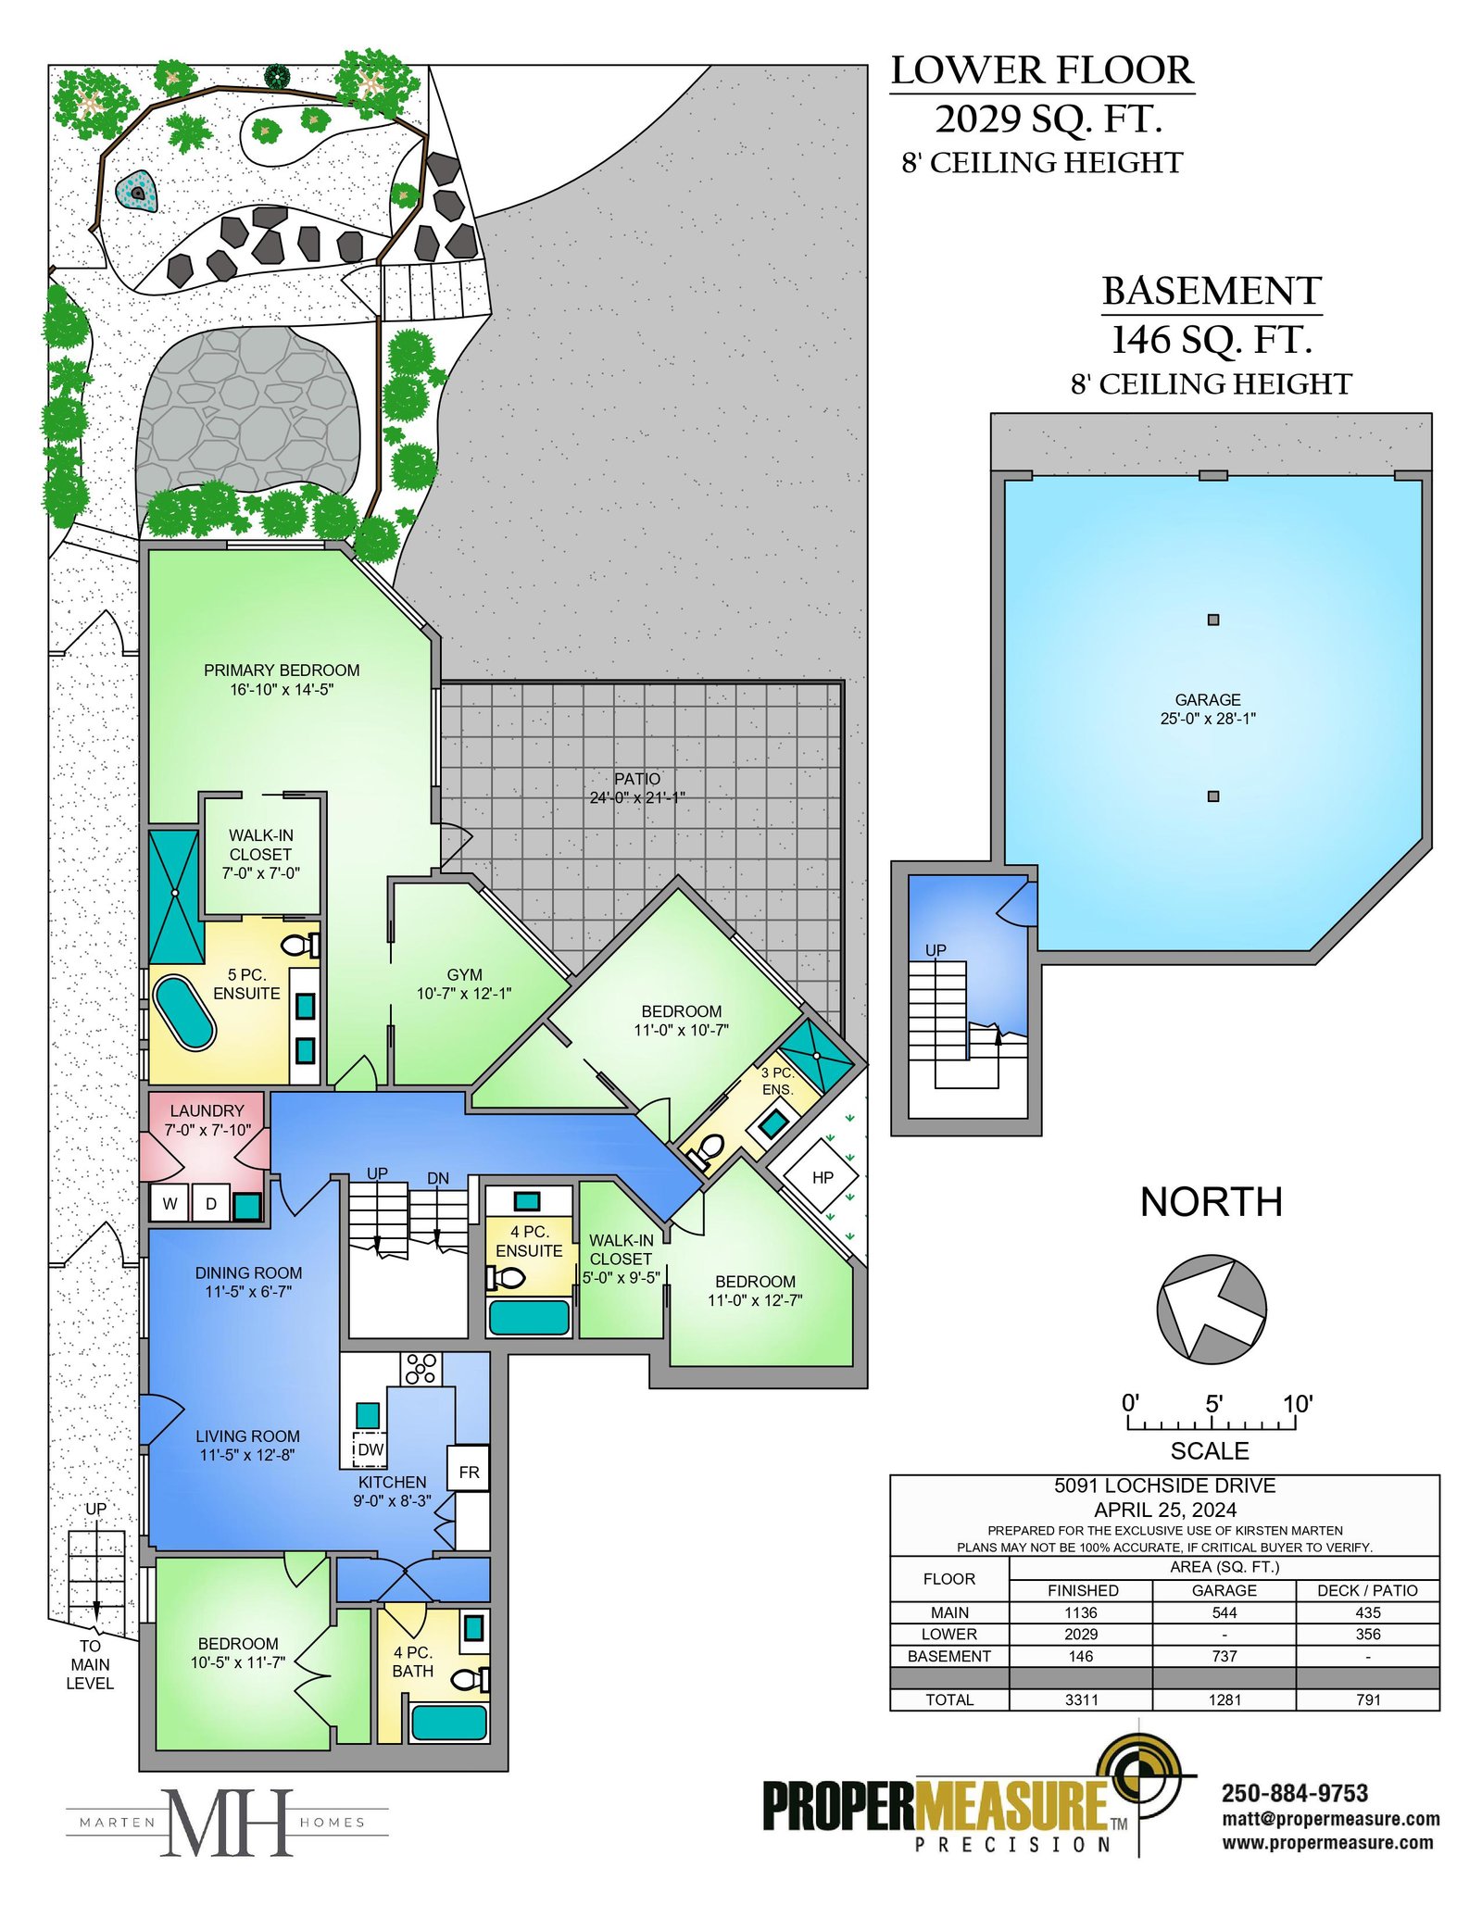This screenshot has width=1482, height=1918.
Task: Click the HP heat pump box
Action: tap(822, 1177)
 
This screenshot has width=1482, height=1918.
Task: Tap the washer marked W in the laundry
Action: tap(170, 1203)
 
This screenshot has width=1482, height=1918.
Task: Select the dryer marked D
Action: tap(211, 1203)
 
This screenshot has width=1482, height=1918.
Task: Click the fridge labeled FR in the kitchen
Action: tap(469, 1472)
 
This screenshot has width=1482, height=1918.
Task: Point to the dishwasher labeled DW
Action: tap(370, 1449)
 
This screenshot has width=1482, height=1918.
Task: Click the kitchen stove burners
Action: tap(421, 1369)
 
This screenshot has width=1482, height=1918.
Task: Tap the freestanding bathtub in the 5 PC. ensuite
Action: tap(184, 1012)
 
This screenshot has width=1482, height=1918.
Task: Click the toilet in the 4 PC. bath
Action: tap(471, 1679)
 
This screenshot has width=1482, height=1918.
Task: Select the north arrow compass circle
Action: tap(1211, 1309)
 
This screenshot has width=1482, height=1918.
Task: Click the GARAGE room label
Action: tap(1207, 700)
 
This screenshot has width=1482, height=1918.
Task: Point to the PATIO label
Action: tap(637, 779)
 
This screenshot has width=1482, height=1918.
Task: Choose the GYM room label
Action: tap(464, 975)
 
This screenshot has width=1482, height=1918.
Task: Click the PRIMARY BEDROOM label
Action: tap(282, 671)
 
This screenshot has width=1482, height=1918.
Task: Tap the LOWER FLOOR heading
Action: tap(1042, 70)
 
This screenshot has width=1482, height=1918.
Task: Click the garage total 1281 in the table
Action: tap(1224, 1699)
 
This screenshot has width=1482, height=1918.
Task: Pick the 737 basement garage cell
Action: tap(1224, 1656)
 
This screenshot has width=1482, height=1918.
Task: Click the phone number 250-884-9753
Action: tap(1295, 1793)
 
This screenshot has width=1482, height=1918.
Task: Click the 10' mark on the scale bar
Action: tap(1297, 1404)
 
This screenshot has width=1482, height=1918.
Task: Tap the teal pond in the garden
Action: tap(137, 192)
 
